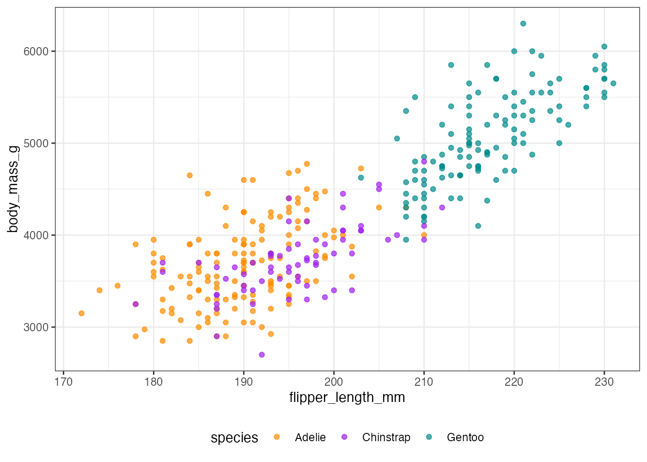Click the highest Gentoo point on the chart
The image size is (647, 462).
pyautogui.click(x=523, y=24)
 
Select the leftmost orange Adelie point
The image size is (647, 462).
pyautogui.click(x=81, y=313)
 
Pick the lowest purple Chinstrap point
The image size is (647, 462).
pyautogui.click(x=262, y=355)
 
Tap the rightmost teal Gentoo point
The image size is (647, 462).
pyautogui.click(x=613, y=84)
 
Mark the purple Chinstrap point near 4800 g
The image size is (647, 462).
pyautogui.click(x=424, y=161)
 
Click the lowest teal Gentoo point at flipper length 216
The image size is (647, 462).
pyautogui.click(x=478, y=226)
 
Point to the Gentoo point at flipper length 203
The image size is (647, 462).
pyautogui.click(x=361, y=177)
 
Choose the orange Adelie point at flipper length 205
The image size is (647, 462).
pyautogui.click(x=379, y=207)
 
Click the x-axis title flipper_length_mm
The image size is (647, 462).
pyautogui.click(x=347, y=397)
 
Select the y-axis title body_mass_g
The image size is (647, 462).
pyautogui.click(x=13, y=189)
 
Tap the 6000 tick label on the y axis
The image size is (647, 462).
pyautogui.click(x=36, y=51)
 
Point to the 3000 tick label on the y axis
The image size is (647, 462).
pyautogui.click(x=36, y=327)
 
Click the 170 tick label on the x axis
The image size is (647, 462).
pyautogui.click(x=63, y=382)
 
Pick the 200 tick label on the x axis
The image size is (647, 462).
pyautogui.click(x=334, y=382)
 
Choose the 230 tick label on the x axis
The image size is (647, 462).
pyautogui.click(x=604, y=382)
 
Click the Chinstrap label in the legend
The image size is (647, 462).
pyautogui.click(x=386, y=438)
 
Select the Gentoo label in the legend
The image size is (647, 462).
pyautogui.click(x=465, y=438)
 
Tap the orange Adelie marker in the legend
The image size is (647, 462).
pyautogui.click(x=277, y=437)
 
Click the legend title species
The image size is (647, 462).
pyautogui.click(x=234, y=438)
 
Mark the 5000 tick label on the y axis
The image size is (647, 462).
pyautogui.click(x=36, y=143)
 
